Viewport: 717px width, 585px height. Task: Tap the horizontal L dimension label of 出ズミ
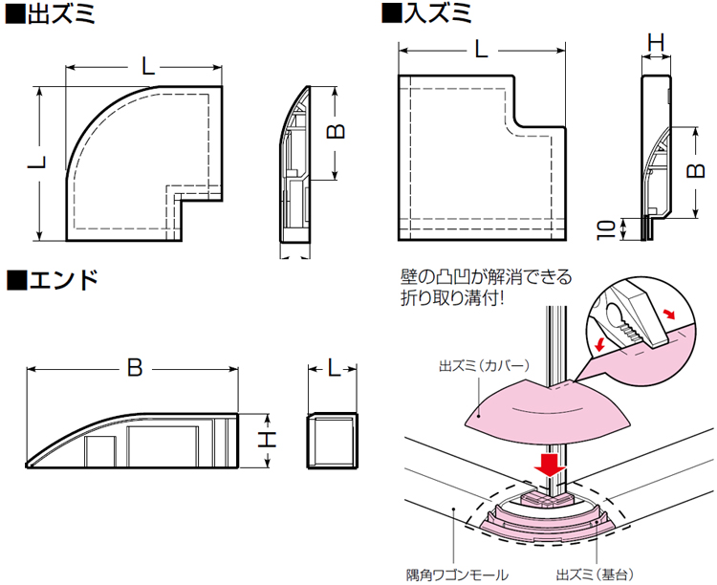click(146, 67)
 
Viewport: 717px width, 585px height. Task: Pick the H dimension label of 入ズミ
click(655, 42)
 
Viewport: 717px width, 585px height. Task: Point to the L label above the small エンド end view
click(333, 367)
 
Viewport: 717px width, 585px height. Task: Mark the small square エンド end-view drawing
click(332, 441)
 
